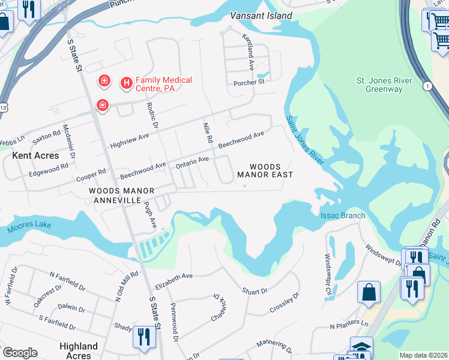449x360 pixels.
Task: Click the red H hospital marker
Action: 127,83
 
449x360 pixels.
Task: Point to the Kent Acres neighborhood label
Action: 36,155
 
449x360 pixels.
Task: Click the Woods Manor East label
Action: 265,170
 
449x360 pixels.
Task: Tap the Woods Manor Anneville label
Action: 121,195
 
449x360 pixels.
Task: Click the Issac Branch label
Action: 343,215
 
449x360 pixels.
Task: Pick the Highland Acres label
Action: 79,350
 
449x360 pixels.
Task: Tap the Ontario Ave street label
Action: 191,161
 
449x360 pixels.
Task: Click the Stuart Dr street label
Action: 255,291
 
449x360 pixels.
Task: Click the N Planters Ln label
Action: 348,326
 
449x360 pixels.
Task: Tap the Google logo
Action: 20,353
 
